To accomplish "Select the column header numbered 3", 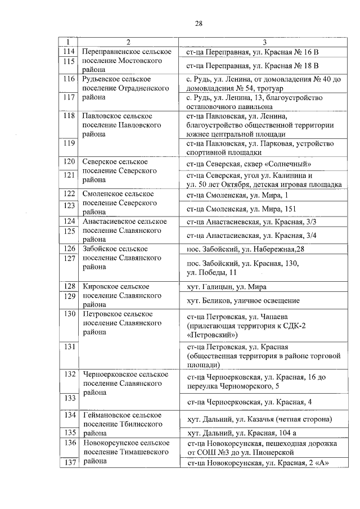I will point(264,43).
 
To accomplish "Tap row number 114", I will point(69,52).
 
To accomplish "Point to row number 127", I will point(69,258).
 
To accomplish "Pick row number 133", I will point(69,398).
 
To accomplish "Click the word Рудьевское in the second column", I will point(107,79).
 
